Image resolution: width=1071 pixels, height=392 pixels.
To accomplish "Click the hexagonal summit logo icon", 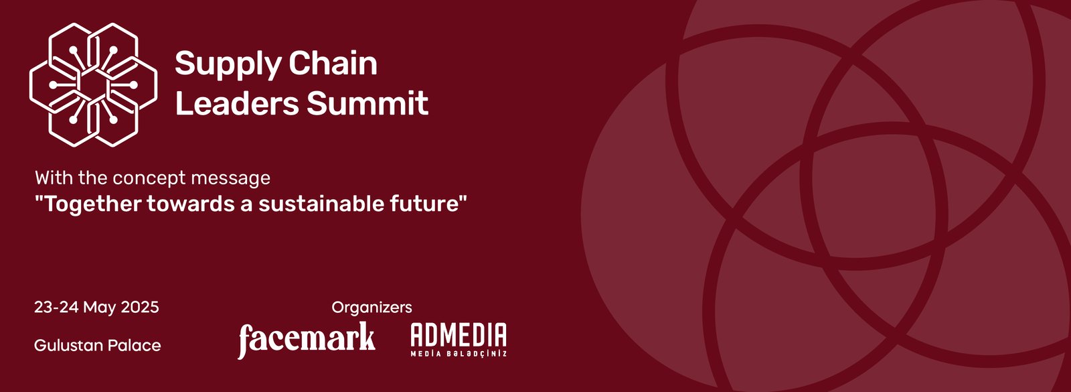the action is coord(93,84).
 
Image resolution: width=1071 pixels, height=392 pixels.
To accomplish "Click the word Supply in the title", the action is coord(227,64).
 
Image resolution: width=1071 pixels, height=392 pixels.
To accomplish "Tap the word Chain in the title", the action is coord(333,63).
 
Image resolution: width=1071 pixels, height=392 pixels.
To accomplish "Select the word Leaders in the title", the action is coord(237,103).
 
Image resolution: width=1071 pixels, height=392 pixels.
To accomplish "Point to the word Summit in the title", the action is coord(367,103).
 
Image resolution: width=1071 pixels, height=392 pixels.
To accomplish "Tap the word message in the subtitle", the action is coord(230,179).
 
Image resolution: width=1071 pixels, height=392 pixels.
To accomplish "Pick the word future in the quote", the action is coord(428,204).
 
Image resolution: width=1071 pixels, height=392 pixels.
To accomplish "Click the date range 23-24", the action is coord(56,307).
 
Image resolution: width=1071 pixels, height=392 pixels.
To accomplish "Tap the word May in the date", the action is coord(99,308).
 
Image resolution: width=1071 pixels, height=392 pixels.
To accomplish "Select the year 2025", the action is coord(140,307).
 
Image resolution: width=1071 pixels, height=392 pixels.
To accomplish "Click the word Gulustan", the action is coord(68,345).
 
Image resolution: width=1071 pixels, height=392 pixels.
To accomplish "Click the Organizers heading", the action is coord(372,308).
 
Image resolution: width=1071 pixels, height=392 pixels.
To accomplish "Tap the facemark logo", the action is coord(307,340).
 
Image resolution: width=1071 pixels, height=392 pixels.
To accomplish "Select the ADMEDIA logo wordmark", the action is coord(459,334).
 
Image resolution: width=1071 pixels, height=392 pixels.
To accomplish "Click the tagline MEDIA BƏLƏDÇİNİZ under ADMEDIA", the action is coord(459,354).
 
